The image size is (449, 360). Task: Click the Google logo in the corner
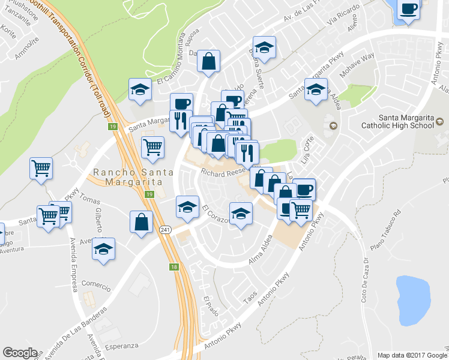pyautogui.click(x=20, y=353)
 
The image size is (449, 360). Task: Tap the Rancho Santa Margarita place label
pyautogui.click(x=133, y=177)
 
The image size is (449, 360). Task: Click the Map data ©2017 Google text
pyautogui.click(x=411, y=355)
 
